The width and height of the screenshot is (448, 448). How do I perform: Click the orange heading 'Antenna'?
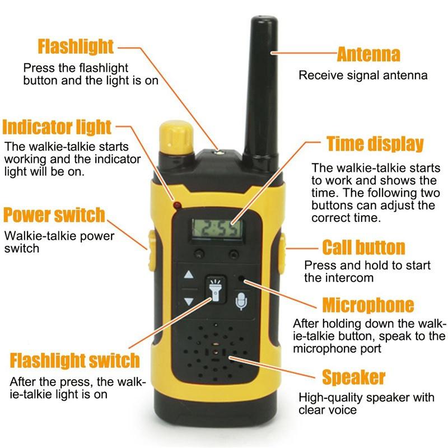(368, 54)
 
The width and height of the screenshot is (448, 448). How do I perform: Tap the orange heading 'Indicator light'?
(57, 127)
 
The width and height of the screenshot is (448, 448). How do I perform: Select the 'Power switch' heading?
(54, 214)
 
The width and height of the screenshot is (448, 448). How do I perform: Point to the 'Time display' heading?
(375, 144)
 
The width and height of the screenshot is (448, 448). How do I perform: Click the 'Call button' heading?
(363, 247)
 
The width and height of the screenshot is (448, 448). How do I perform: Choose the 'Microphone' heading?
(368, 305)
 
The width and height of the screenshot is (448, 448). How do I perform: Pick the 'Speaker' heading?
(353, 377)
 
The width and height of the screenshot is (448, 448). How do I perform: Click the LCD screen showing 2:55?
(217, 228)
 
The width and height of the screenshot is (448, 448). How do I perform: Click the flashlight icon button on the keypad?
(214, 290)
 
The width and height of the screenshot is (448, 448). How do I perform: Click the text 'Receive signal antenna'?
(363, 75)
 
